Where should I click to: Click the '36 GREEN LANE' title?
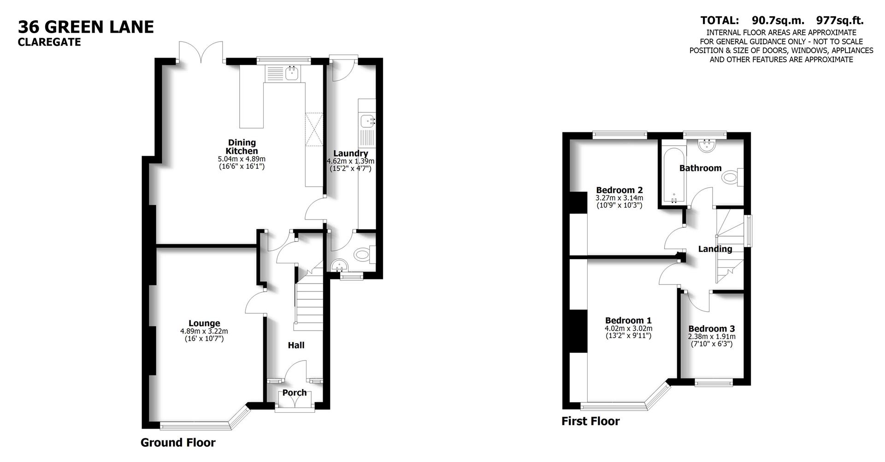tap(86, 27)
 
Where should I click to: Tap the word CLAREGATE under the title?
tap(49, 42)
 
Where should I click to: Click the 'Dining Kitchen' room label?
tap(242, 147)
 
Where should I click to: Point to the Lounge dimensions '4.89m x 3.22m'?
tap(204, 331)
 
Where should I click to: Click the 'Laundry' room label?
tap(350, 154)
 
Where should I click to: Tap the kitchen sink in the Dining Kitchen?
tap(292, 73)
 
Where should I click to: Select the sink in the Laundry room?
tap(367, 121)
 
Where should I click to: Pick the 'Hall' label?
tap(296, 345)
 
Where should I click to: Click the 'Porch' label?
tap(295, 393)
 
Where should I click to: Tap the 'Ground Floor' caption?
tap(178, 443)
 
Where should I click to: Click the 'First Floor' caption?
tap(590, 421)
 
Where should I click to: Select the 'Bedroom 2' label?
tap(619, 190)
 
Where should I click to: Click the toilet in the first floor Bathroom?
tap(732, 177)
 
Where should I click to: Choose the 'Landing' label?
tap(715, 249)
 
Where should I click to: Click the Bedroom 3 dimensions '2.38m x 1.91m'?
tap(711, 337)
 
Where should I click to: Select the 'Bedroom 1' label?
tap(628, 320)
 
